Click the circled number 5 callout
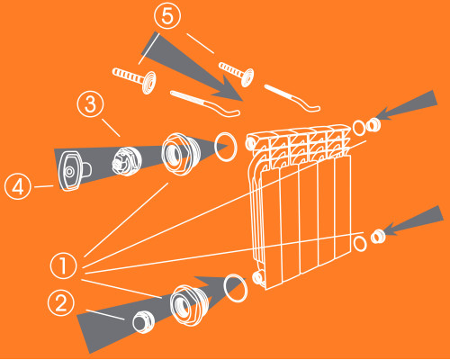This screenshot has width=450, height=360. [167, 16]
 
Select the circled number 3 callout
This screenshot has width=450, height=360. [91, 104]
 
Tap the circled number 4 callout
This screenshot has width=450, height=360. [18, 186]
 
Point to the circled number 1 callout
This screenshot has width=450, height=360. [63, 265]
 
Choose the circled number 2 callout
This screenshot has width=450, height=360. [61, 302]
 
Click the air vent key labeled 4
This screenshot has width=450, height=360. [73, 171]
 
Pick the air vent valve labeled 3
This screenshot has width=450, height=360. [127, 161]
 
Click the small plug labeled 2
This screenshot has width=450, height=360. [143, 321]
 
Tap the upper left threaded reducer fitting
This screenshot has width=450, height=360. [178, 154]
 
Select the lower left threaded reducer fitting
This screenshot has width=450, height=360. [189, 305]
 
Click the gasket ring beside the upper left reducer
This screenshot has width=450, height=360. [226, 147]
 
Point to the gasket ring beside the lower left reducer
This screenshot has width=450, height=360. [236, 288]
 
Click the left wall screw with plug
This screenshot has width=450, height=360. [134, 79]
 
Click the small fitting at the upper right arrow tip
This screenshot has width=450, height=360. [373, 125]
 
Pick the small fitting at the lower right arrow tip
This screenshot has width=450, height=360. [378, 237]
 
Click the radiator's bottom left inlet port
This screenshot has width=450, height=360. [258, 277]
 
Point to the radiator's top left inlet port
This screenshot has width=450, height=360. [251, 143]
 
